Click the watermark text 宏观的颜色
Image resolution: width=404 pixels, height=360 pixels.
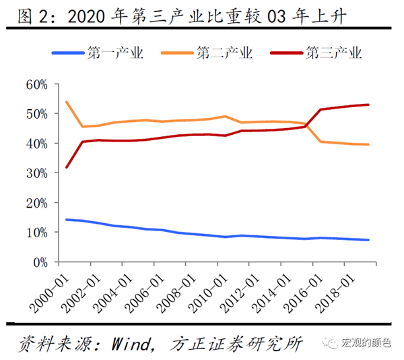pyautogui.click(x=368, y=344)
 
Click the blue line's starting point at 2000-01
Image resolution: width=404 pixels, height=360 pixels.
pyautogui.click(x=66, y=220)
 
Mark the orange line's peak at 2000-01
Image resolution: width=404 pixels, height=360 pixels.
pyautogui.click(x=66, y=102)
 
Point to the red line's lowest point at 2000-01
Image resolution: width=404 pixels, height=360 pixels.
pyautogui.click(x=66, y=167)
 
